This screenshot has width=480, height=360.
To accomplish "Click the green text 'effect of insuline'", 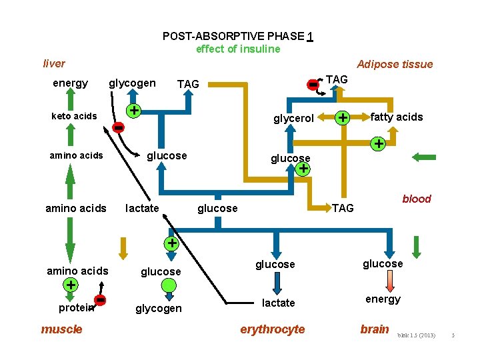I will pos(238,49).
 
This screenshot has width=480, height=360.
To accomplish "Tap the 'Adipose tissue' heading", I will pos(395,64).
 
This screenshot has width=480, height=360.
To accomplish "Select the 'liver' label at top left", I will pos(54,63).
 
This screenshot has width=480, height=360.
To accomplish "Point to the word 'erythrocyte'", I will pos(272,329).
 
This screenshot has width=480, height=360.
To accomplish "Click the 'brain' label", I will pos(374,329).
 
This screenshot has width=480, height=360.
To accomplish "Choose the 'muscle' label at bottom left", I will pos(62,329).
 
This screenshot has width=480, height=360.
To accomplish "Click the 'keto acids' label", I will pos(74,116).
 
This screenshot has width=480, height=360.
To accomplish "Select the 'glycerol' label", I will pos(293,118).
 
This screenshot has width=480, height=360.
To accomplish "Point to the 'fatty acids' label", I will pos(397,117).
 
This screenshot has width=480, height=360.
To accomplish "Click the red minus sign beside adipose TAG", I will pos(312,85).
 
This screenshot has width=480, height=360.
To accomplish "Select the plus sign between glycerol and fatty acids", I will pos(343,118).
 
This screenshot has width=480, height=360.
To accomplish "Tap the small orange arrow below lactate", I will pos(123,247).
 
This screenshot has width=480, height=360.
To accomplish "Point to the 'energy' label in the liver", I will pos(70,83).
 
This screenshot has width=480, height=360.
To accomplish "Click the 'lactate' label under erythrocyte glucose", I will pos(278,303).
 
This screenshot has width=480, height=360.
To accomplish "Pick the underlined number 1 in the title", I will pos(311,36).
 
